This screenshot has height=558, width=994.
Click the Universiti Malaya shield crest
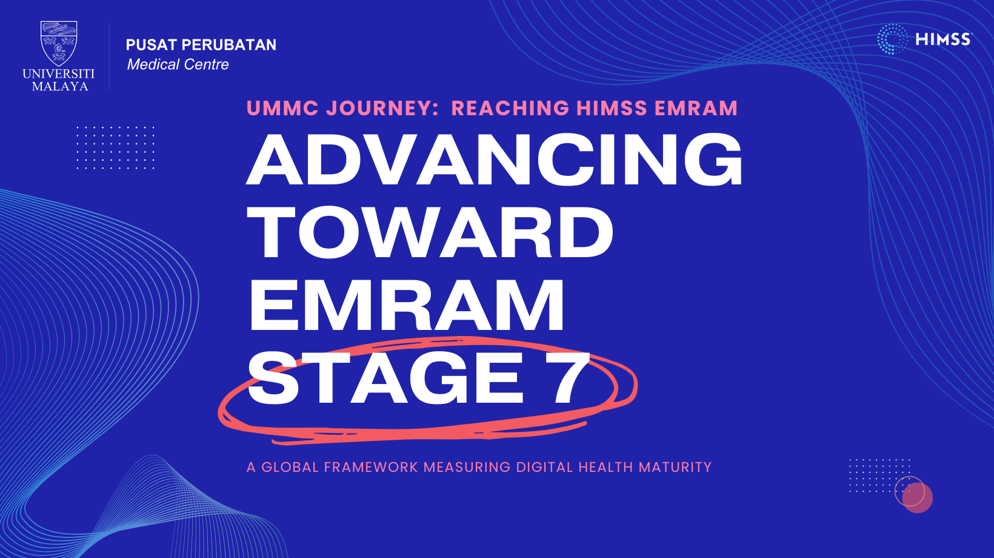click(x=59, y=44)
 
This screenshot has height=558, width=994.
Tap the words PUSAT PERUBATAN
click(x=201, y=45)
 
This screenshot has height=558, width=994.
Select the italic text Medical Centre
click(x=178, y=65)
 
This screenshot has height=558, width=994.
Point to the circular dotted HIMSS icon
click(x=892, y=39)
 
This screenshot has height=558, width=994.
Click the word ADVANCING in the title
click(x=495, y=160)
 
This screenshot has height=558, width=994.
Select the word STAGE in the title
click(x=385, y=378)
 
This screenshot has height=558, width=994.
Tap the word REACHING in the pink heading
click(x=510, y=109)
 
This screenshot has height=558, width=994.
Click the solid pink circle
click(x=917, y=497)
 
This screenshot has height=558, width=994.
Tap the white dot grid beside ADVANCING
click(x=115, y=147)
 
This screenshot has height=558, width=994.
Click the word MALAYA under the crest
click(x=60, y=86)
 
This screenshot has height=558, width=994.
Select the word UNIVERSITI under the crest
click(x=59, y=73)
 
